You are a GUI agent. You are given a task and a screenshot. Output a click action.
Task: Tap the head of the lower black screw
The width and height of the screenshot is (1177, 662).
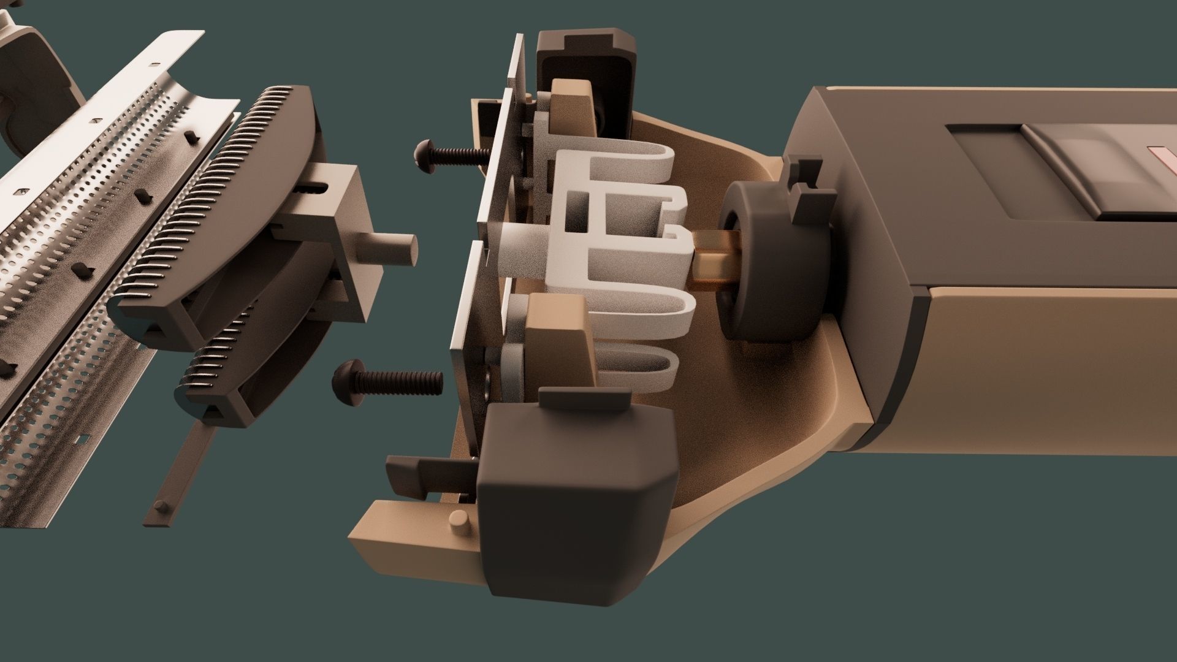[343, 378]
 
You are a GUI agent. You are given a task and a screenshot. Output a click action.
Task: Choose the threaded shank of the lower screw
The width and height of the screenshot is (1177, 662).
[405, 382]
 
